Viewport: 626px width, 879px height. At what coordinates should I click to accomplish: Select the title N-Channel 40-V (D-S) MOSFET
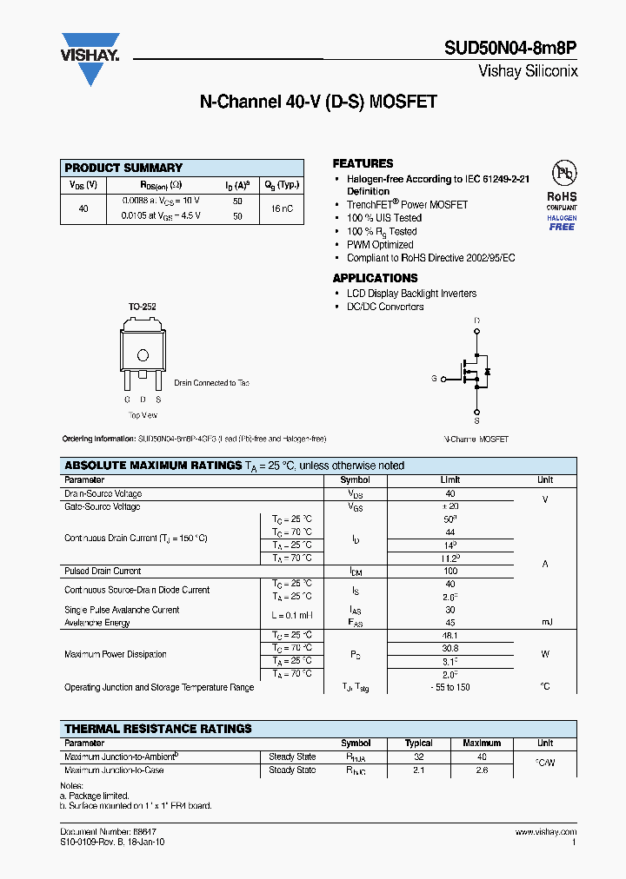click(318, 102)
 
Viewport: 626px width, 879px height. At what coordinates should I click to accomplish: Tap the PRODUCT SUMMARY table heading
click(123, 168)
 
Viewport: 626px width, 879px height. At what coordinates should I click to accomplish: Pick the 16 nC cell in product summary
click(281, 208)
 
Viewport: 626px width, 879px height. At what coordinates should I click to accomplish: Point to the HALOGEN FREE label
click(562, 222)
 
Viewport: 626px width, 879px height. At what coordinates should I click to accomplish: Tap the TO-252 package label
click(142, 307)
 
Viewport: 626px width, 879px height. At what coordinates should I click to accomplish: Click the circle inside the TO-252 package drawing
click(143, 354)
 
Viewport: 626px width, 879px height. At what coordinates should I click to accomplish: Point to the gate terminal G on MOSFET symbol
click(434, 379)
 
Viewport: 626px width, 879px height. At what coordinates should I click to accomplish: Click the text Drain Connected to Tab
click(211, 383)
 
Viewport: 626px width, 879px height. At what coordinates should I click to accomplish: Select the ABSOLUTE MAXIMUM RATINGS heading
click(153, 466)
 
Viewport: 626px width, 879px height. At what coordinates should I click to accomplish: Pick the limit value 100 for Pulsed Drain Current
click(450, 571)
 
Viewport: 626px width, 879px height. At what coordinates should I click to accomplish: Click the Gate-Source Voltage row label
click(103, 506)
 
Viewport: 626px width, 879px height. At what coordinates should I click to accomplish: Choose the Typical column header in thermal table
click(419, 743)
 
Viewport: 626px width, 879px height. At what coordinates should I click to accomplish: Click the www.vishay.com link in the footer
click(546, 832)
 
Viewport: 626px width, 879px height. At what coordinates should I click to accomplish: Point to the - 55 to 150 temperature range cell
click(450, 687)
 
